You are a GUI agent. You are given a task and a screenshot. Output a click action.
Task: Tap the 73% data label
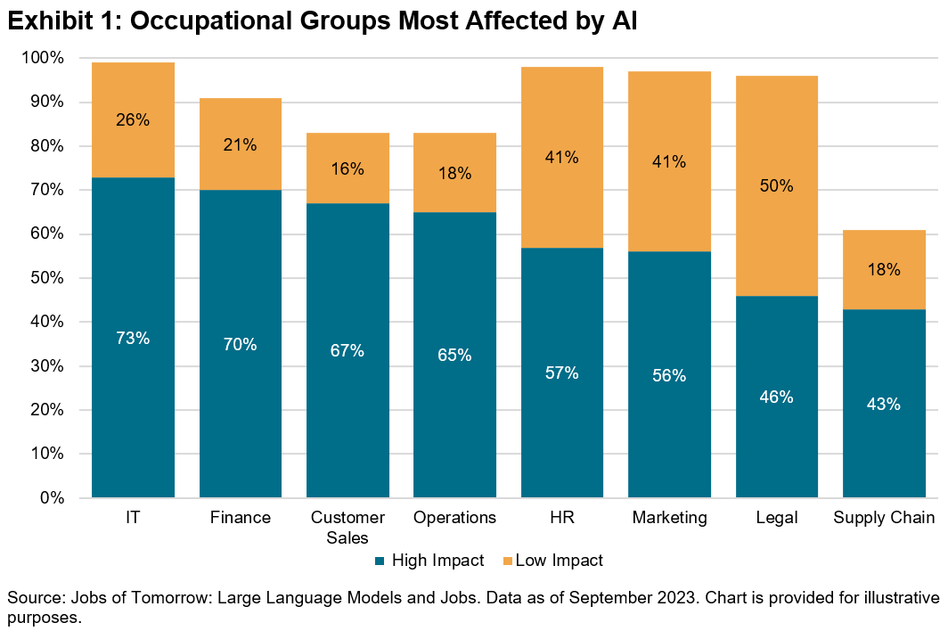(133, 338)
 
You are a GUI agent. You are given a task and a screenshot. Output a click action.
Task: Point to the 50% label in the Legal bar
(777, 186)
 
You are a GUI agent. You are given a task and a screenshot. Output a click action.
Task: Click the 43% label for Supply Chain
(884, 404)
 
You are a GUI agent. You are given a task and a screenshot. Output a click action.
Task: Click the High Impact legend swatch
(380, 561)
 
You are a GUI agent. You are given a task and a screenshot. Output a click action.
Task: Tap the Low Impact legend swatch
(509, 561)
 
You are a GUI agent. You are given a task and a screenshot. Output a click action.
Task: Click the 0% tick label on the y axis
(52, 497)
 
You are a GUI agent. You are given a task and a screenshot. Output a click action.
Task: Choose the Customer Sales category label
(347, 527)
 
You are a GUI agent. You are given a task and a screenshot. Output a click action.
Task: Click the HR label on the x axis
(562, 518)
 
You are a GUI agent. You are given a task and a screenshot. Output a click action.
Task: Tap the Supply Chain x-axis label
(883, 518)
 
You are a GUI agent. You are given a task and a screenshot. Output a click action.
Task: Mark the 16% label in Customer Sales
(347, 168)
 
